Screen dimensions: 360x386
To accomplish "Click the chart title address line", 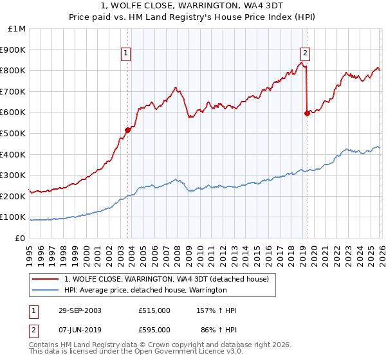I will [x=192, y=6].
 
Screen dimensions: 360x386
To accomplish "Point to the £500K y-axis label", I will [x=14, y=134].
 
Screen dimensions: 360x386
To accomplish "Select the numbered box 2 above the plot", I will [x=305, y=54].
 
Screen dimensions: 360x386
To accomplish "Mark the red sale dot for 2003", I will [x=128, y=130].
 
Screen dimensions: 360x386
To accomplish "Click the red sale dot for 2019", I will [x=306, y=113].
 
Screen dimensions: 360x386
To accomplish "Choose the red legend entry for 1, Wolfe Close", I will [x=170, y=279].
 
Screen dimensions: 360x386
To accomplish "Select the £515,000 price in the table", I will [x=154, y=310].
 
